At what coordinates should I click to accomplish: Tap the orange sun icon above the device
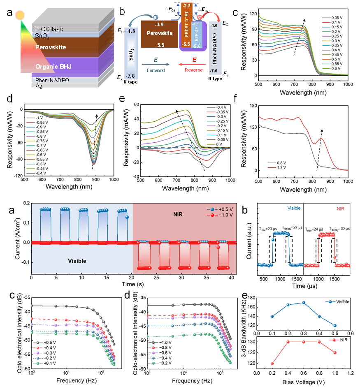20,15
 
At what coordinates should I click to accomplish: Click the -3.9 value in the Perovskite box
159,25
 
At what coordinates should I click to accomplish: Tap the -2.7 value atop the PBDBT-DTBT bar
186,6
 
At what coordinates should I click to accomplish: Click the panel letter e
122,99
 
